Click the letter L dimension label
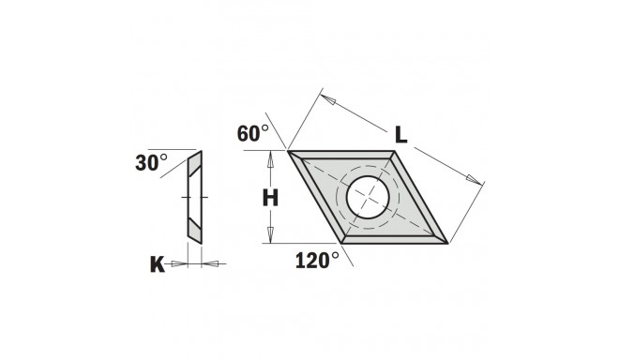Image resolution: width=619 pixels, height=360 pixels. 400,134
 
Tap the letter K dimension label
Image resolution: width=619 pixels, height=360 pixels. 158,264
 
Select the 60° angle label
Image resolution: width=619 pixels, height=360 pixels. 252,134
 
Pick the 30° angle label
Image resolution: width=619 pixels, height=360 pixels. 150,162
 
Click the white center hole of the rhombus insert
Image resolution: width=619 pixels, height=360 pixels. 368,197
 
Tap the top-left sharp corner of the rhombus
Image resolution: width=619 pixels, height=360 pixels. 288,150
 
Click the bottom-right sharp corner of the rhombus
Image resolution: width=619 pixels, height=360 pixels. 446,243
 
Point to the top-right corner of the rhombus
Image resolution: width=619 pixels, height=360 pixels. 396,150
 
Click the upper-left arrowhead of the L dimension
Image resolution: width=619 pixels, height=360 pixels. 326,97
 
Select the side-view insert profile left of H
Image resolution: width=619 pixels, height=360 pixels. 193,197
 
